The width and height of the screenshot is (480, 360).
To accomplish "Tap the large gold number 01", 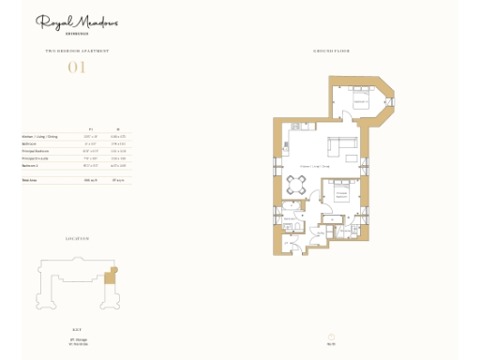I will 76,66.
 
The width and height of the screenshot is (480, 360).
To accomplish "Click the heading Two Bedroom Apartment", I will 77,50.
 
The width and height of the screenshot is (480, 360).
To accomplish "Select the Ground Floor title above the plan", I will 332,50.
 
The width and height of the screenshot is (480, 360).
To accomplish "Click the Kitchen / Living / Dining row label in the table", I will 40,136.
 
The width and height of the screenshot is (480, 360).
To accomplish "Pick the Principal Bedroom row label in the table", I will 36,149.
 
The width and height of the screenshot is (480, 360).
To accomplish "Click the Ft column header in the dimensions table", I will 90,129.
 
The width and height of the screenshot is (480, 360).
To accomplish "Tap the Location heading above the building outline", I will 77,239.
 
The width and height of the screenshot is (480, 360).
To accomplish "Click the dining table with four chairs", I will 295,186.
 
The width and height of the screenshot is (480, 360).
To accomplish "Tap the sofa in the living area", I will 338,147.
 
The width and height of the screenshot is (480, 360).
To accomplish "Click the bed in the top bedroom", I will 360,97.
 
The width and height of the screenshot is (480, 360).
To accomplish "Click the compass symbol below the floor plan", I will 331,337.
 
